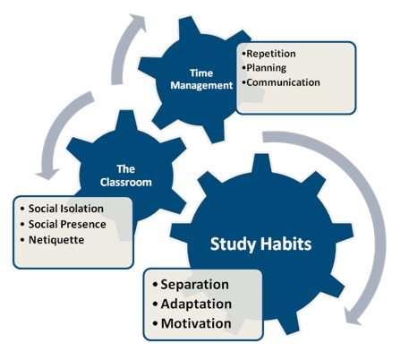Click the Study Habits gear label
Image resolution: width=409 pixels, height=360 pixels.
[260, 244]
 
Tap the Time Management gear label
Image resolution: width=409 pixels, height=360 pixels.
[201, 80]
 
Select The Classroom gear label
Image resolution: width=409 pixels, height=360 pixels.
[126, 176]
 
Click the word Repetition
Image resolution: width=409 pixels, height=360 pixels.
[271, 54]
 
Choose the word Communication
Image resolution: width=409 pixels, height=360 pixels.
[284, 82]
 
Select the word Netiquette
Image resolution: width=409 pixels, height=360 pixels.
[56, 240]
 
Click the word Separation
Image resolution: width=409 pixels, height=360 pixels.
[195, 285]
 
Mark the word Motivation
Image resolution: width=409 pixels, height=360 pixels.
[196, 323]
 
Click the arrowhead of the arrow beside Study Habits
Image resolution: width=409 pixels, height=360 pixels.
[351, 316]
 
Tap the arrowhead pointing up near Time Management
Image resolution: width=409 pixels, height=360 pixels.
[138, 22]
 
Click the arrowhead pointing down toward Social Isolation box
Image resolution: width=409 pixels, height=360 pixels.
[47, 175]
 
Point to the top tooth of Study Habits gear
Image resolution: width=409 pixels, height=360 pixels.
[261, 163]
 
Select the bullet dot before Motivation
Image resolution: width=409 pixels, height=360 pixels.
[155, 324]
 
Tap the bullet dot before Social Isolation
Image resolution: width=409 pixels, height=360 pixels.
[22, 209]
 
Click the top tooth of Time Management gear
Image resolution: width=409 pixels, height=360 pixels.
[189, 28]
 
